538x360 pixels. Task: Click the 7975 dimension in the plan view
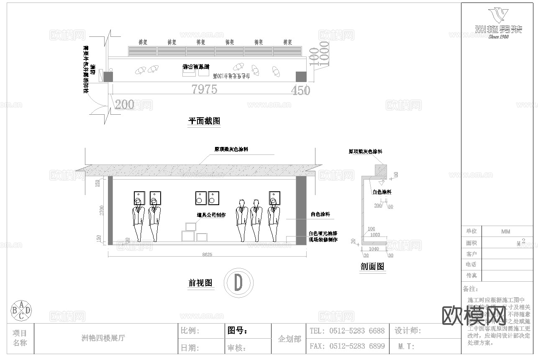[x=204, y=89]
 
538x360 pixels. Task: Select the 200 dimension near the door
[x=124, y=104]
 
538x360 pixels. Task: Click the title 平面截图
[x=204, y=121]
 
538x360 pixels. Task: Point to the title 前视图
[x=200, y=283]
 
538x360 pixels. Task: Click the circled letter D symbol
[x=238, y=283]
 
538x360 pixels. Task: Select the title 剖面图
[x=372, y=266]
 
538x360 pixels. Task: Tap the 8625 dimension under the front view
[x=207, y=254]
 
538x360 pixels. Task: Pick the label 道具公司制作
[x=211, y=215]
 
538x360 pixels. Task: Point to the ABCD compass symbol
[x=20, y=310]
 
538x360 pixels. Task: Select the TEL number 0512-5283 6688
[x=356, y=331]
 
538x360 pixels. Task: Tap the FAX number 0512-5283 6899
[x=356, y=346]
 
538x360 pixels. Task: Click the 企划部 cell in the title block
[x=289, y=339]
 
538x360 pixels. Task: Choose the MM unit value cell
[x=505, y=231]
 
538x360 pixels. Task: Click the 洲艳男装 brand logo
[x=499, y=23]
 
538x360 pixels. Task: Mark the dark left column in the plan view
[x=108, y=77]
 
